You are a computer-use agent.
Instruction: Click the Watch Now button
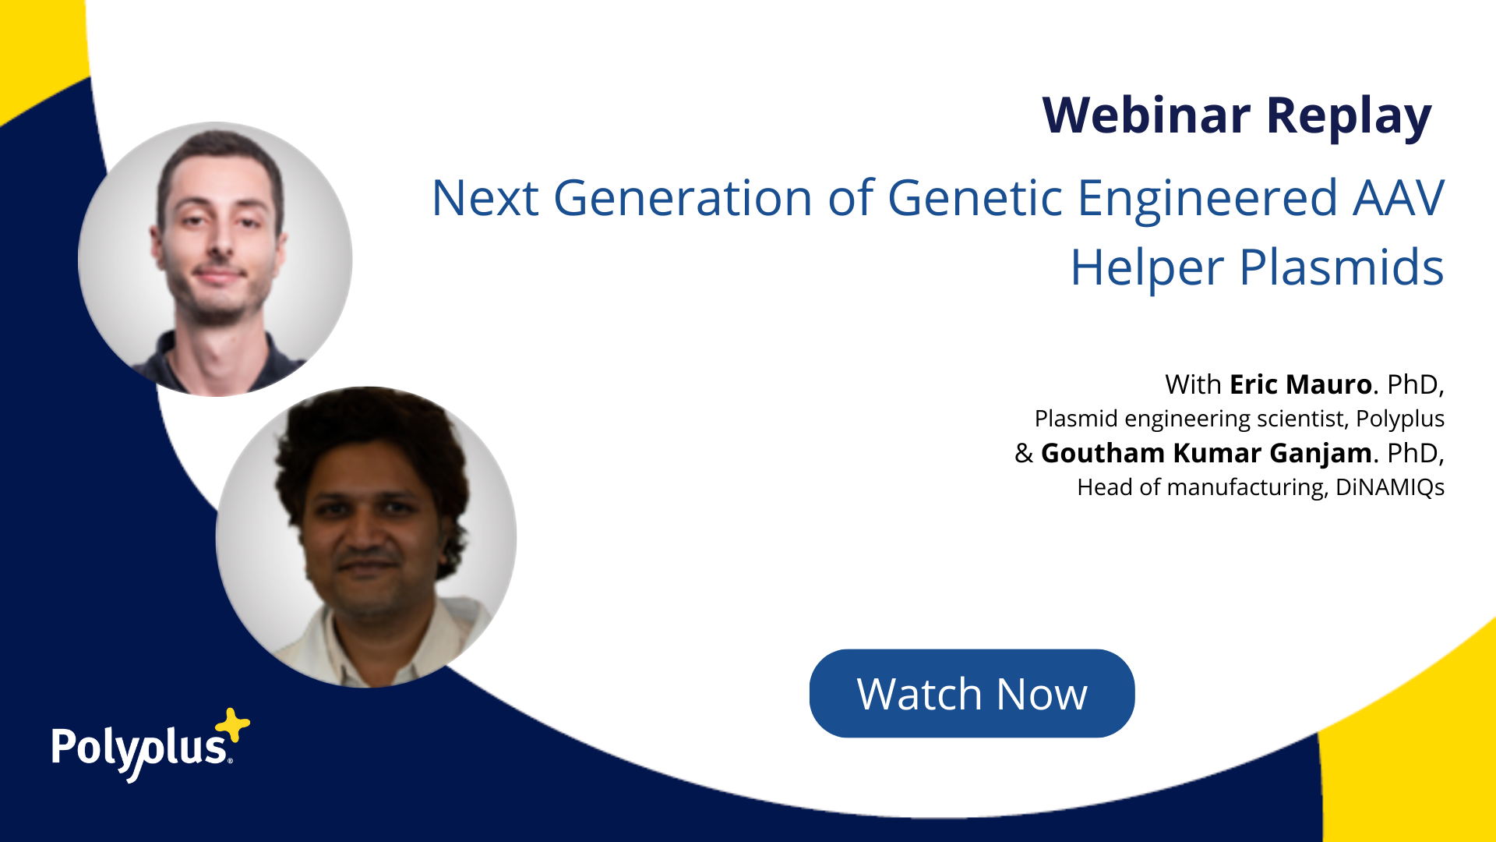[x=972, y=693]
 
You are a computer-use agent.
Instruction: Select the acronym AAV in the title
[x=1399, y=198]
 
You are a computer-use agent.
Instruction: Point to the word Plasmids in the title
[x=1342, y=267]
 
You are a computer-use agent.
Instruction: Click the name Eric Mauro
[x=1300, y=384]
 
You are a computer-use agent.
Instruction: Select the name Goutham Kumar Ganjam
[x=1206, y=454]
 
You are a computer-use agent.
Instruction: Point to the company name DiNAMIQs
[x=1390, y=487]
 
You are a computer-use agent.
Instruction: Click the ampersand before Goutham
[x=1024, y=454]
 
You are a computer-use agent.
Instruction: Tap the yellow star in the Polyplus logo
[x=232, y=726]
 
